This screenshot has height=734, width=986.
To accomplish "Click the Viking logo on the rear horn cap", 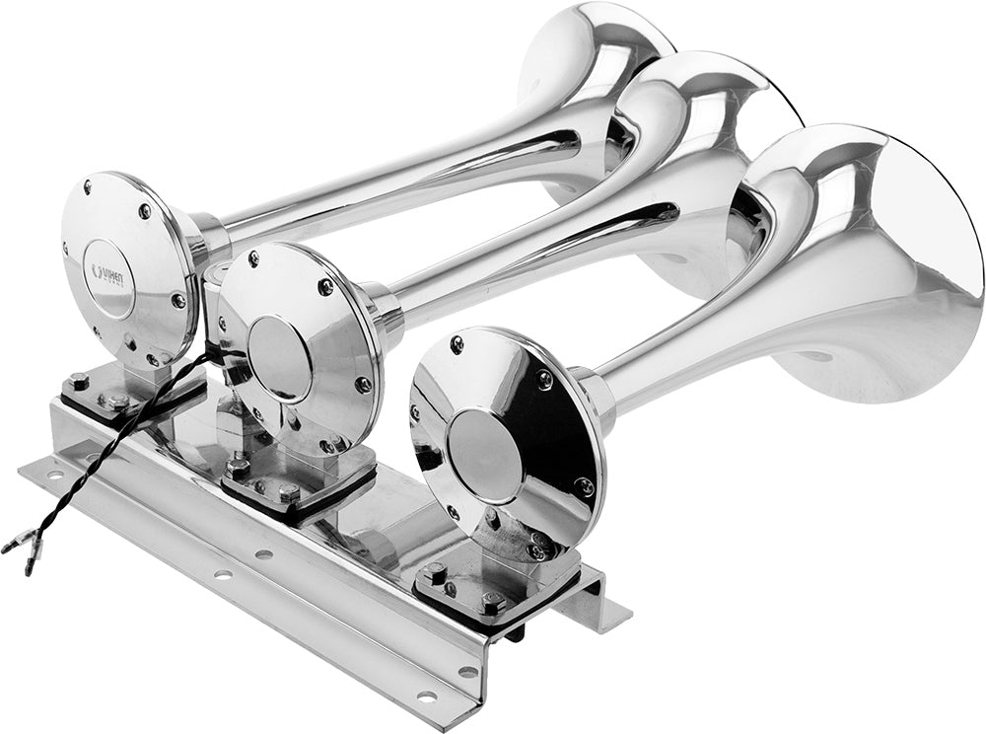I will [x=108, y=271].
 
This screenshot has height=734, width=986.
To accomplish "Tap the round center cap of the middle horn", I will [x=279, y=358].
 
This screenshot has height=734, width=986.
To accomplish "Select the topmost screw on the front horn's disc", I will [x=457, y=344].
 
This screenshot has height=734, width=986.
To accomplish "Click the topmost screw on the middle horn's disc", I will [x=253, y=259].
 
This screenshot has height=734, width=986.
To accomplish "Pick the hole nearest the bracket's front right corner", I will [x=427, y=696].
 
